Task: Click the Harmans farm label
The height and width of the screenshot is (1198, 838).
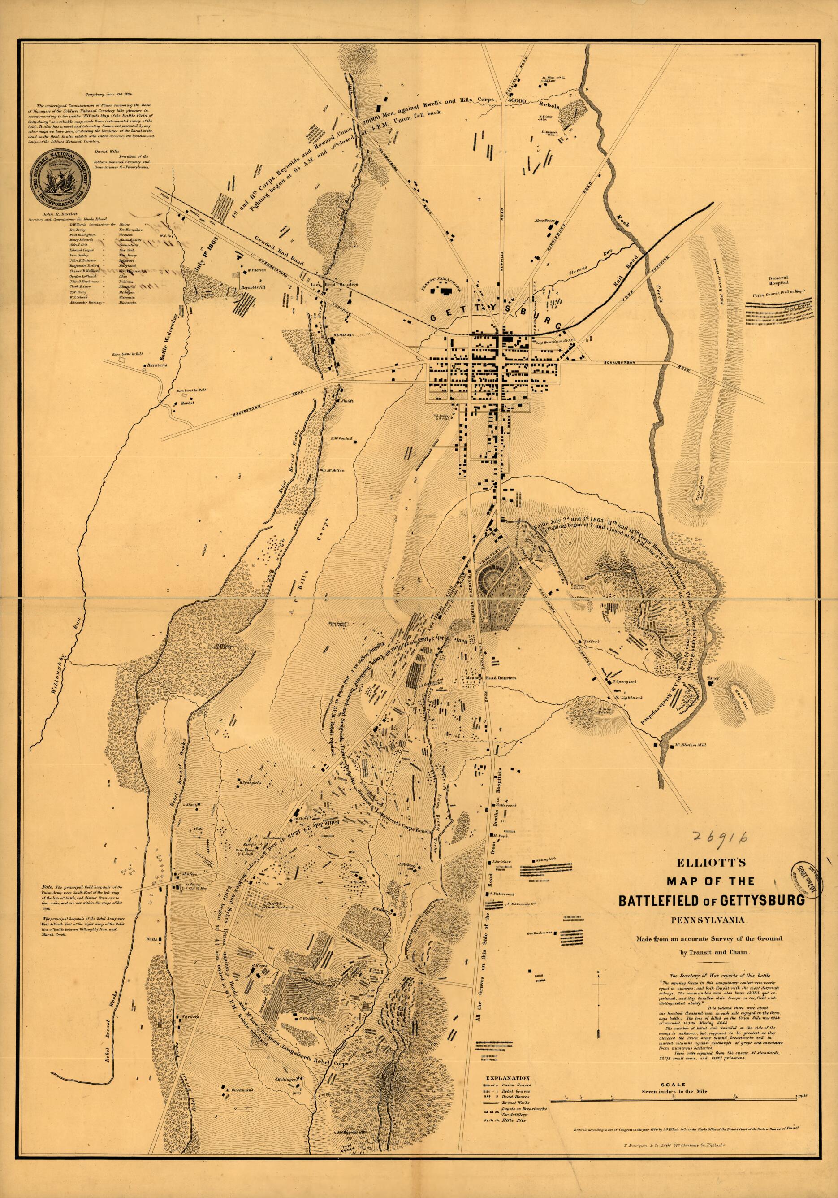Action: click(x=156, y=365)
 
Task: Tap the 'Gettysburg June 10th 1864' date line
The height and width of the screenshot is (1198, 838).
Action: click(x=100, y=95)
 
